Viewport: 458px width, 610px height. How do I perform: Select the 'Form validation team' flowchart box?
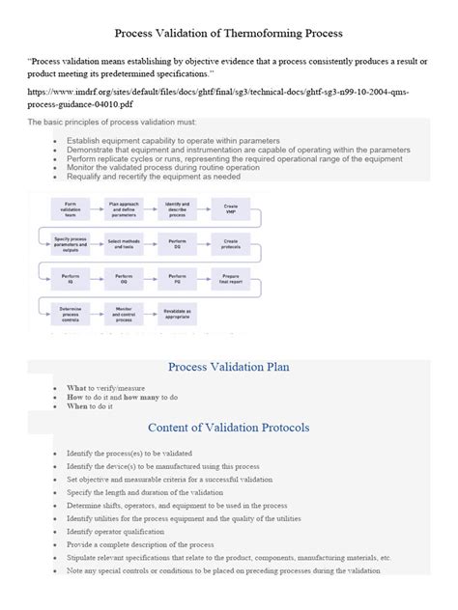pos(71,208)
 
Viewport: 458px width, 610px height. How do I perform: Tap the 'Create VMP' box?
pos(231,208)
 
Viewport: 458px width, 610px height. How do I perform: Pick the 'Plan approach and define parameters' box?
pos(124,208)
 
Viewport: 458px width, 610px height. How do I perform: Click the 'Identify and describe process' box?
pos(178,208)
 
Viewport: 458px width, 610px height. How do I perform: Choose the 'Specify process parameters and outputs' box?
pos(71,242)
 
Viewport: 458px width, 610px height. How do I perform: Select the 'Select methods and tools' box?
pos(124,242)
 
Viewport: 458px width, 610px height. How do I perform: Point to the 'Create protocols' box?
pos(231,242)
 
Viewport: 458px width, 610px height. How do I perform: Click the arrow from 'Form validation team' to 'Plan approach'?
pos(97,208)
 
